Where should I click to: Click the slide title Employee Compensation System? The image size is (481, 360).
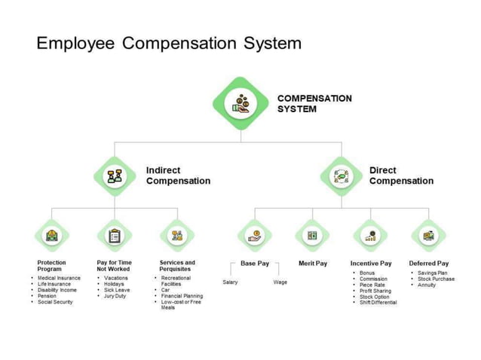(169, 43)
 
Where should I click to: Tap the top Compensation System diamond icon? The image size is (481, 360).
(240, 103)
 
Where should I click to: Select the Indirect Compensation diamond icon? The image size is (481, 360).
(115, 176)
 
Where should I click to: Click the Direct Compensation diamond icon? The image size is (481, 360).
(341, 176)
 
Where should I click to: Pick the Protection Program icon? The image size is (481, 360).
(51, 236)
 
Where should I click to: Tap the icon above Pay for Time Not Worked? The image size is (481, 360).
(115, 236)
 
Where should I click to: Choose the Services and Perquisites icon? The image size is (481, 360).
(177, 236)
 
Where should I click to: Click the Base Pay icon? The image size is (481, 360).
(255, 236)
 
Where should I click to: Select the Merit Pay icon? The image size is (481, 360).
(312, 236)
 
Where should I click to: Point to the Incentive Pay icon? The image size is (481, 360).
(370, 236)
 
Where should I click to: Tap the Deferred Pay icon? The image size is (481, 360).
(428, 236)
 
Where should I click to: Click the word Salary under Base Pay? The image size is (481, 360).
(230, 282)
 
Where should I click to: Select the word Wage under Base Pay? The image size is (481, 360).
(280, 282)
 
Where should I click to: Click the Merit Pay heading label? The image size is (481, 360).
(312, 264)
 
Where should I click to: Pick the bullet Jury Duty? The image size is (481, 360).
(115, 296)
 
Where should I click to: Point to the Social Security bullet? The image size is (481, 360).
(56, 302)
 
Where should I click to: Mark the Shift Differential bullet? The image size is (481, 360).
(378, 303)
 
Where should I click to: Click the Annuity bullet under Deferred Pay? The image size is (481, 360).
(427, 285)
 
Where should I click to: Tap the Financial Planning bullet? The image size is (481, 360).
(182, 296)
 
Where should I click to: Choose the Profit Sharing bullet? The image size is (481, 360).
(375, 291)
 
